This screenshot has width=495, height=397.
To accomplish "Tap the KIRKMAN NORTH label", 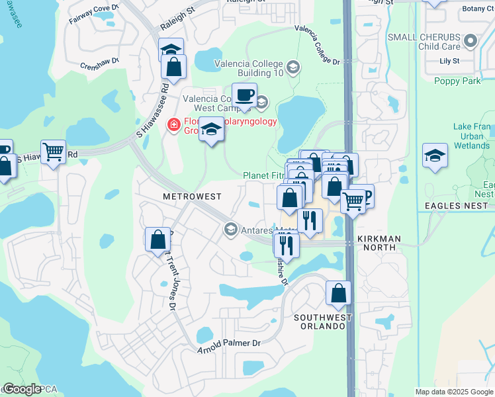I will click(377, 242).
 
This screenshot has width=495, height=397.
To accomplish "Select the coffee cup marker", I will click(244, 95).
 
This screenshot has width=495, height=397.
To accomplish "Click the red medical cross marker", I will click(173, 124).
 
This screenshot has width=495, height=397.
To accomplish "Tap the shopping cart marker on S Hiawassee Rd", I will click(53, 151).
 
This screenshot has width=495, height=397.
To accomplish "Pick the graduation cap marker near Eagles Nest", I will click(435, 155).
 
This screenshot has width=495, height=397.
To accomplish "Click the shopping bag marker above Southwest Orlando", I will click(338, 293).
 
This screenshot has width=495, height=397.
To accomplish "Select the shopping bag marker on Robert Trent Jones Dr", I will click(158, 240).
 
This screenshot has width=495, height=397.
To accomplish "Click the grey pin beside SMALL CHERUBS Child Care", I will click(471, 41).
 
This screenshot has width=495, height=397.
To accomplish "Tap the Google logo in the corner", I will click(22, 389).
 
